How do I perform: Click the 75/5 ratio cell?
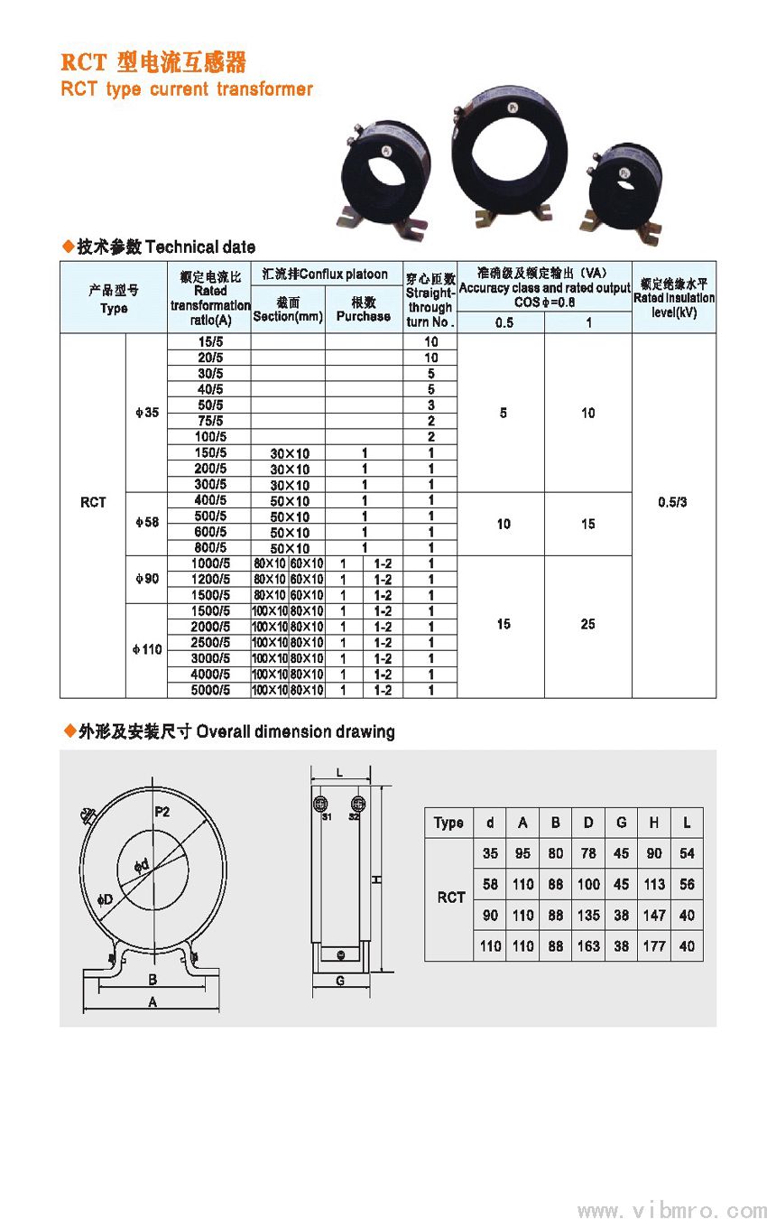[x=209, y=421]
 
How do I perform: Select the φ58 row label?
[x=146, y=523]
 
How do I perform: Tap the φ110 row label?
[x=146, y=650]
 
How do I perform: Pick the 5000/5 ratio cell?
[x=209, y=690]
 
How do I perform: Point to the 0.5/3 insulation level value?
[x=673, y=502]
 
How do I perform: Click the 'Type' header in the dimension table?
[x=448, y=823]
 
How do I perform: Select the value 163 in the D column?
[x=588, y=946]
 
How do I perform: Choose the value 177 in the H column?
[x=654, y=946]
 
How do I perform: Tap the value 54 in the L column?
[x=688, y=853]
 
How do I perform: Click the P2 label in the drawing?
[x=162, y=812]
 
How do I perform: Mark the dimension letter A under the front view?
[x=152, y=1002]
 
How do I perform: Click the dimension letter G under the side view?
[x=340, y=981]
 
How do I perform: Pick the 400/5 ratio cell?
[x=209, y=500]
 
